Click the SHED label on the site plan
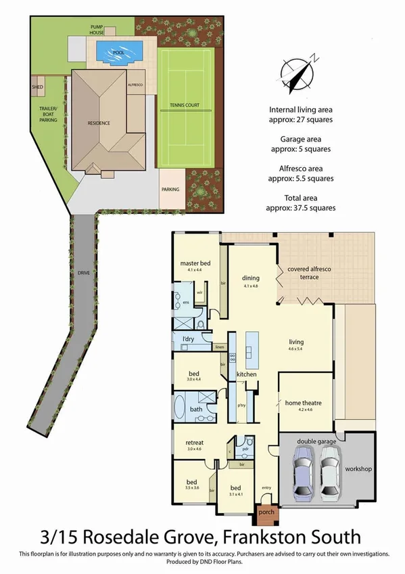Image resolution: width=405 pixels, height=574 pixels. tap(37, 87)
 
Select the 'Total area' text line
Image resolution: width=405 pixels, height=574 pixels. tap(302, 198)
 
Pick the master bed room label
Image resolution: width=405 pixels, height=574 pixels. tap(195, 263)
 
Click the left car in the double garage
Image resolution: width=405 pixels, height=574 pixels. tap(302, 474)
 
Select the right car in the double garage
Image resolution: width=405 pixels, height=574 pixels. tap(329, 474)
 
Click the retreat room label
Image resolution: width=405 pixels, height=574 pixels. tap(195, 444)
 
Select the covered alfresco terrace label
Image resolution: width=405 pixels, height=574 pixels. tap(312, 272)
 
